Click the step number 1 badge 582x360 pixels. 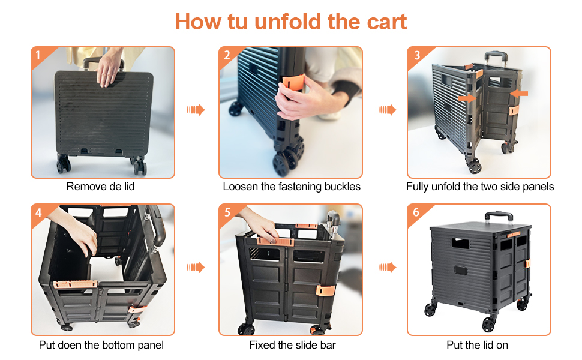point(38,55)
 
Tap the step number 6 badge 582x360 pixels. point(416,212)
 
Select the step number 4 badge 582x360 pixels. point(38,212)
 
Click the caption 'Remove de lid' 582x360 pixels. point(100,187)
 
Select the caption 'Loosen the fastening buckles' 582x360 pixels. point(292,187)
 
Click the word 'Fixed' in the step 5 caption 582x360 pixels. point(263,345)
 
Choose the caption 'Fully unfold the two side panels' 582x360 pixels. point(480,187)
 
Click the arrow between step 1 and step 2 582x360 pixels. point(196,110)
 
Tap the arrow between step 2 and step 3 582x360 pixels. point(387,110)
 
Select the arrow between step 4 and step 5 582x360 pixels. point(196,267)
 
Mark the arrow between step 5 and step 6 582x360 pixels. point(387,267)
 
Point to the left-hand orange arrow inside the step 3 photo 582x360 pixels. point(467,98)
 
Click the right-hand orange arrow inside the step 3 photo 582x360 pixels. point(519,94)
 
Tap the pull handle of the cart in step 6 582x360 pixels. point(497,215)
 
